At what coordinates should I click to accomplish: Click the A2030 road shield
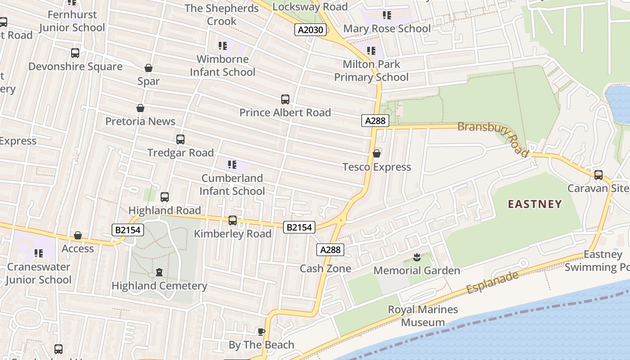(x=310, y=30)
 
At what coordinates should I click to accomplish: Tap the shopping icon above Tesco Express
(x=377, y=154)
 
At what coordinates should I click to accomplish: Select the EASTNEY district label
(x=535, y=204)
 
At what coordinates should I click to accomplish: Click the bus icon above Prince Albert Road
(x=285, y=99)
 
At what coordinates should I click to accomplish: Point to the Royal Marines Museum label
(x=423, y=316)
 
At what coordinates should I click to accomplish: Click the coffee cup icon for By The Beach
(x=261, y=332)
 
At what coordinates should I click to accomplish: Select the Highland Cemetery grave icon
(x=159, y=272)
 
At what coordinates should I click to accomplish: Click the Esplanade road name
(x=492, y=283)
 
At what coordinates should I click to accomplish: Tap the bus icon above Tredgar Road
(x=180, y=139)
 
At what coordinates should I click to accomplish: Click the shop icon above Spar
(x=148, y=68)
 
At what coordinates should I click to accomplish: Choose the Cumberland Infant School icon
(x=232, y=165)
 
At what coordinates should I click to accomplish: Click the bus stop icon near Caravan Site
(x=598, y=175)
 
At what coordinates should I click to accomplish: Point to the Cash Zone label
(x=325, y=269)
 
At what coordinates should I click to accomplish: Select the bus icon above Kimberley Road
(x=233, y=220)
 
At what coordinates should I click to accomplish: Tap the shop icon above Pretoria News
(x=140, y=108)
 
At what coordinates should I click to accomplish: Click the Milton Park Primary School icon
(x=371, y=51)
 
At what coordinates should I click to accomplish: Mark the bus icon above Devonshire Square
(x=75, y=53)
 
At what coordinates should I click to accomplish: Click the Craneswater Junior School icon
(x=39, y=253)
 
